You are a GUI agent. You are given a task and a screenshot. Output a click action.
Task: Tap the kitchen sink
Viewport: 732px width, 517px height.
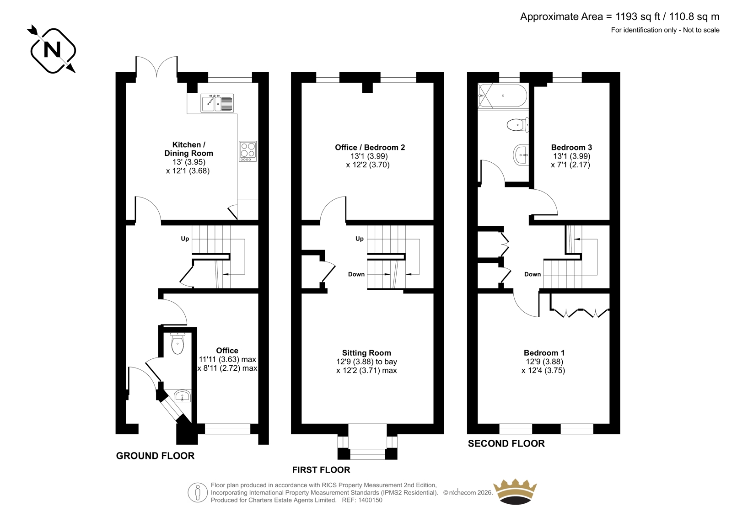point(217,102)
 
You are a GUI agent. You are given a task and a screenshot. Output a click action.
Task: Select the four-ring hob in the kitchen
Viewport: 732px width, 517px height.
point(248,151)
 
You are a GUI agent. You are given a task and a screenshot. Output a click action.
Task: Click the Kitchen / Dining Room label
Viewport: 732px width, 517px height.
point(188,149)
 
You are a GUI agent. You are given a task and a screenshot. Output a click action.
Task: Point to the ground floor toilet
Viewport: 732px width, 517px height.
point(178,343)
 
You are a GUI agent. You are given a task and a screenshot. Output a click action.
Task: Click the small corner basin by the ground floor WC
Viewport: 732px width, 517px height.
point(183,396)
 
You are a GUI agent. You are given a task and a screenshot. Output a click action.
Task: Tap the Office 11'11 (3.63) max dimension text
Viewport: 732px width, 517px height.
point(227,359)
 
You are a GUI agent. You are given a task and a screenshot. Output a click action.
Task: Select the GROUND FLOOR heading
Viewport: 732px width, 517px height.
point(155,456)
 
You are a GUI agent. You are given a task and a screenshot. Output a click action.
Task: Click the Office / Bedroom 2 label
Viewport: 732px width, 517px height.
point(370,147)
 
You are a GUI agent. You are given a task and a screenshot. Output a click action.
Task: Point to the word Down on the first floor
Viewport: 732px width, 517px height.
point(356,274)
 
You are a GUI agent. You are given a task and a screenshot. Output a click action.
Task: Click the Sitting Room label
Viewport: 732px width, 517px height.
point(366,353)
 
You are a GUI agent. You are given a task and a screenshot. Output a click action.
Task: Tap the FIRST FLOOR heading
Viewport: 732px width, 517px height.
point(321,469)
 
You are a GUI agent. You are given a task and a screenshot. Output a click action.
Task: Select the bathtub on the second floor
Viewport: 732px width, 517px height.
point(502,96)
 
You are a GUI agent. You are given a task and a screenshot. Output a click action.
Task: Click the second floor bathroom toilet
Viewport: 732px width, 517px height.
point(517,125)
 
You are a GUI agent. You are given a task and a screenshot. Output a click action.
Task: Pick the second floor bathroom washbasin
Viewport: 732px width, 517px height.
point(521,155)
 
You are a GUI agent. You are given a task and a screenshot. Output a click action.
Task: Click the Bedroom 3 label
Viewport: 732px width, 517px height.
point(571,147)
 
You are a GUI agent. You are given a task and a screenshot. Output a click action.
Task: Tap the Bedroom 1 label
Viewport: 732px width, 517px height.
point(544,353)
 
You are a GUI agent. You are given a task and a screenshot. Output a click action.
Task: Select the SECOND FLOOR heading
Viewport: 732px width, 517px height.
point(506,443)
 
